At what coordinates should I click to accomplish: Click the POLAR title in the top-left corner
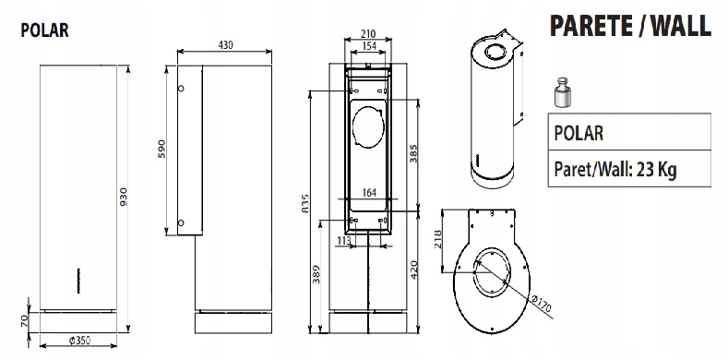pos(44,30)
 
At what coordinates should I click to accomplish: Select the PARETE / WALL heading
pos(630,26)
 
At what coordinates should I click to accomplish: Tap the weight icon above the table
pos(563,93)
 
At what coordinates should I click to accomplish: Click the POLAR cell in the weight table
pos(579,133)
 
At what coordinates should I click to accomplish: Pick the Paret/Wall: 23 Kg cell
pos(615,170)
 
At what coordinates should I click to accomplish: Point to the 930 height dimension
pos(123,197)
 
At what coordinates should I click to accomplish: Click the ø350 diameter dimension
pos(79,341)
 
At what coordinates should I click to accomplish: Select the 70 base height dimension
pos(25,320)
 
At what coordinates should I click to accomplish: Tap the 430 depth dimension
pos(226,44)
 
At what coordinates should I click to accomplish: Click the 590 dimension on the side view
pos(161,149)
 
